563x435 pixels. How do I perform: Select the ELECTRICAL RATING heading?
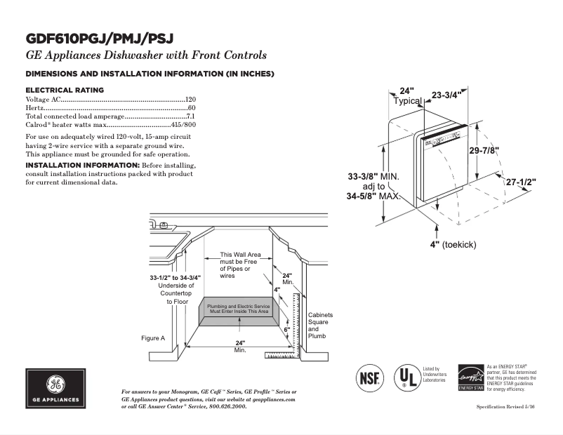point(65,90)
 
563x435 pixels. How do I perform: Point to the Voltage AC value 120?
point(190,100)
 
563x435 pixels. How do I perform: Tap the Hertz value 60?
point(192,108)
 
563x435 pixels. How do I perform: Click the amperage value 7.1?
point(190,116)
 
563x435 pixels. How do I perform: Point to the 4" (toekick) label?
point(453,244)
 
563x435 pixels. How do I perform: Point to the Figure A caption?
point(153,338)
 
